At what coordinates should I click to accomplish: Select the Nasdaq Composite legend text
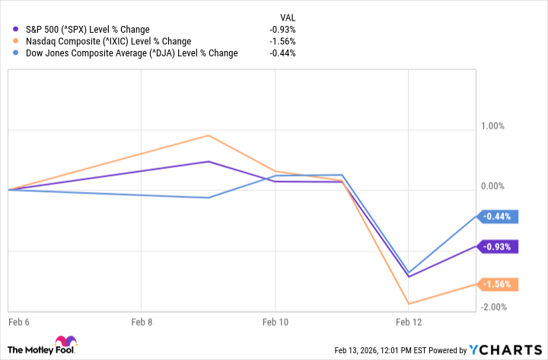[x=107, y=41]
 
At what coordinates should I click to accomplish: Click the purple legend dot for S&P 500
[x=16, y=29]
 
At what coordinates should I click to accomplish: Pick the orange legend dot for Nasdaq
[x=16, y=41]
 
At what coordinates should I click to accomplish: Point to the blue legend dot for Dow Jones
[x=16, y=53]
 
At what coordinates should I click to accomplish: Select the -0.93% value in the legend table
[x=282, y=29]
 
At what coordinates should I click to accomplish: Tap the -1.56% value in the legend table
[x=282, y=41]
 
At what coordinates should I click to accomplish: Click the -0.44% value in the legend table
[x=282, y=53]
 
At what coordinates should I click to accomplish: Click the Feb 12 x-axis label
[x=408, y=323]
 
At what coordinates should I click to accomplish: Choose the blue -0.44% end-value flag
[x=498, y=216]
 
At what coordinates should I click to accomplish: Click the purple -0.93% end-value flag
[x=498, y=247]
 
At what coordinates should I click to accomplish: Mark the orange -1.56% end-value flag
[x=498, y=285]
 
